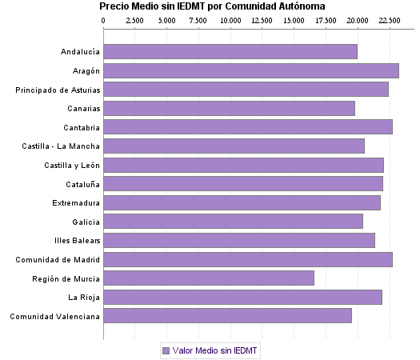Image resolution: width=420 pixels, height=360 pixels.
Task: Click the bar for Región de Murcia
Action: (209, 278)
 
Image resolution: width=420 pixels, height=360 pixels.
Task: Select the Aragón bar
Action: (251, 70)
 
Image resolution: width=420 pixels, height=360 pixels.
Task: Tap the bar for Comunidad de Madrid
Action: (248, 259)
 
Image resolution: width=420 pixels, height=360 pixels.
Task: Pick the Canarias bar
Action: (230, 108)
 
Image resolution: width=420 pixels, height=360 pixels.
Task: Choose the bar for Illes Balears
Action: (239, 240)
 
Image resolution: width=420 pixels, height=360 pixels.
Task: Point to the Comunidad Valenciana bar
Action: (228, 316)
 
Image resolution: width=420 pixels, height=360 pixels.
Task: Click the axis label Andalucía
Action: (80, 52)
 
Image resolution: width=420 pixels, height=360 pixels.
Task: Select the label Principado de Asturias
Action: (58, 90)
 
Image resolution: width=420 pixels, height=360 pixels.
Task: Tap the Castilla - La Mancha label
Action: (62, 146)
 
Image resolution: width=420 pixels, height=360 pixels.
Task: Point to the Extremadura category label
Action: (76, 202)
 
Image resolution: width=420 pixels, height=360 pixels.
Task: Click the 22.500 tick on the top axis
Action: (390, 19)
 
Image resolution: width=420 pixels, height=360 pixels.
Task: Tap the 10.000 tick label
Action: (230, 19)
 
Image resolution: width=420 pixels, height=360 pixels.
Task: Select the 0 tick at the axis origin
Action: (104, 19)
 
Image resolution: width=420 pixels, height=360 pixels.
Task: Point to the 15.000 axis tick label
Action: (294, 19)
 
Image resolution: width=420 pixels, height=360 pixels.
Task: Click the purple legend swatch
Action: (166, 350)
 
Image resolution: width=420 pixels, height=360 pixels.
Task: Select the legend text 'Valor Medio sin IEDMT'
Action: (216, 350)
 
